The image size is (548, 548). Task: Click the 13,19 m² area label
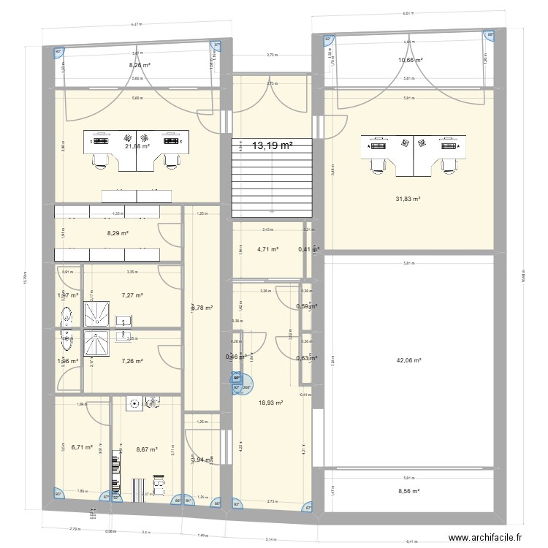coord(272,146)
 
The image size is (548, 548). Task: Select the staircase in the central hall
coord(272,178)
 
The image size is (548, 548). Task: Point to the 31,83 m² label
coord(408,199)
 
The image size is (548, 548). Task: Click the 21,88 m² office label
coord(137,146)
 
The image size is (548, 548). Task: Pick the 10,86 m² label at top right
coord(410,60)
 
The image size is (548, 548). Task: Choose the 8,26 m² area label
coord(140,65)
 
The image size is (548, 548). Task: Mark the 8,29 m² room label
coord(118,234)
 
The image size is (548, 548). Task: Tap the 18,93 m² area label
coord(270,403)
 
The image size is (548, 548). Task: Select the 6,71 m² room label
coord(81,447)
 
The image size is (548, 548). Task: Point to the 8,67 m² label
coord(147,449)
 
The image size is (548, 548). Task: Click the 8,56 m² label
coord(408,492)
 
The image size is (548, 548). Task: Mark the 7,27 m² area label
coord(132,296)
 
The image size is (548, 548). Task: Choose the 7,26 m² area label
coord(132,361)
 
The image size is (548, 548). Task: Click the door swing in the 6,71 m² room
coord(70,381)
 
